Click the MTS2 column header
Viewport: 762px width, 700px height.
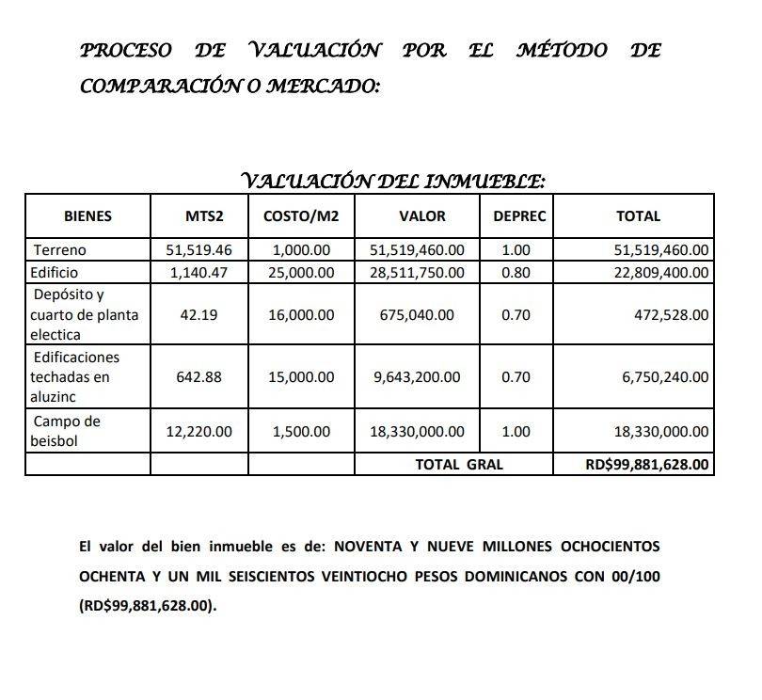tap(205, 216)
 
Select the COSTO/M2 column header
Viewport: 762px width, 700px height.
tap(301, 216)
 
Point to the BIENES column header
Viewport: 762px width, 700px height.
tap(87, 216)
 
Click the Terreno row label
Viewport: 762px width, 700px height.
tap(59, 250)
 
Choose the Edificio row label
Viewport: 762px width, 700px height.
tap(56, 273)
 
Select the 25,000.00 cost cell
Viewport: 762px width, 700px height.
tap(301, 273)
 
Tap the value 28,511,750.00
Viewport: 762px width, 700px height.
tap(417, 273)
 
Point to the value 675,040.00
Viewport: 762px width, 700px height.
tap(418, 315)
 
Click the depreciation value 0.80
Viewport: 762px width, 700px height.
tap(516, 273)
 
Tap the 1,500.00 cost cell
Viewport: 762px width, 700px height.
tap(301, 432)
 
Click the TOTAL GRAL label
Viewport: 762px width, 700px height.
tap(459, 464)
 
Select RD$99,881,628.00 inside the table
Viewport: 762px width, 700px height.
tap(647, 464)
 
